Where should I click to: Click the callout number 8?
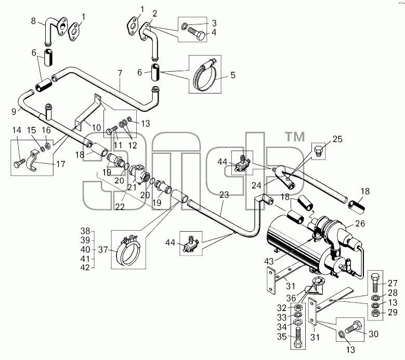click(33, 21)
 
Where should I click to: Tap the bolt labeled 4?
click(197, 34)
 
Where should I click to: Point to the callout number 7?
click(120, 73)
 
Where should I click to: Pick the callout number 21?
click(132, 187)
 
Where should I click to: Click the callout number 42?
click(85, 268)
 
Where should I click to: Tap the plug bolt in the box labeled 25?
click(318, 150)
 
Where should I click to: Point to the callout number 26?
click(360, 223)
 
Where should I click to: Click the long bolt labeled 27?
click(375, 282)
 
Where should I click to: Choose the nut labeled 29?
click(375, 314)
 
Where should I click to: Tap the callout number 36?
click(291, 298)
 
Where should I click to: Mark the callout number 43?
click(269, 261)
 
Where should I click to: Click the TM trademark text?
click(295, 137)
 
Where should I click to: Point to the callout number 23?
click(224, 195)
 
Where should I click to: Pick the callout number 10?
click(96, 127)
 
